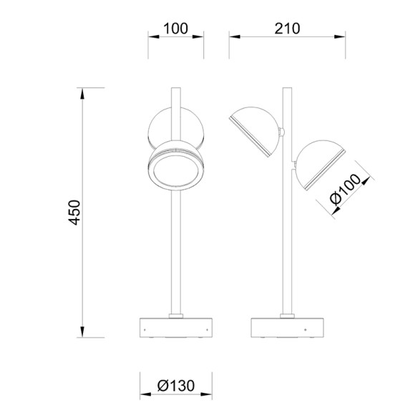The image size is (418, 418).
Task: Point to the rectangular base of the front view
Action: coord(175,328)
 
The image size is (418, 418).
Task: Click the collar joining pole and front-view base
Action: coord(175,315)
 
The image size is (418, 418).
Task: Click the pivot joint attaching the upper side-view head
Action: coord(283,132)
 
